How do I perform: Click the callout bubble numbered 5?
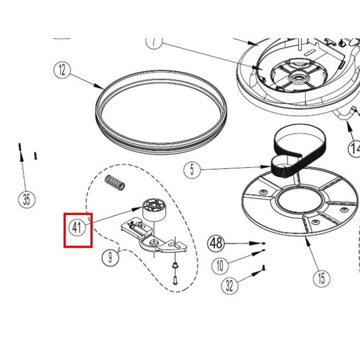click(x=192, y=170)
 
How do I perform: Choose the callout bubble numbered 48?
click(x=216, y=244)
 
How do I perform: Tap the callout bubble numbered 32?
click(x=229, y=286)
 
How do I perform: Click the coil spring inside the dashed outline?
click(x=114, y=183)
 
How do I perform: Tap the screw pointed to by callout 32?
click(x=263, y=268)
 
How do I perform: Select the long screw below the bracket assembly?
click(x=175, y=279)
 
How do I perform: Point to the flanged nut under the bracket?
click(x=174, y=266)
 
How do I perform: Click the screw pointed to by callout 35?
click(x=20, y=147)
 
